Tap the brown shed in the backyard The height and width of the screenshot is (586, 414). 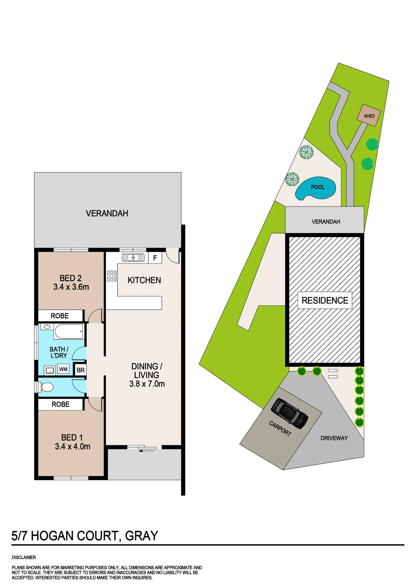(369, 115)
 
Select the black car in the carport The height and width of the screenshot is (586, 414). (290, 413)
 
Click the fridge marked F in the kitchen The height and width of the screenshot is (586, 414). (155, 258)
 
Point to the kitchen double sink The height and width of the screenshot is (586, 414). (133, 258)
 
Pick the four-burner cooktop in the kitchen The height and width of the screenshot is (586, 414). (112, 276)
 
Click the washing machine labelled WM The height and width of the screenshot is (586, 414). (63, 369)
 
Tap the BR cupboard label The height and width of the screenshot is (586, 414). (81, 370)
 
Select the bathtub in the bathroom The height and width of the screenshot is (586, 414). (69, 331)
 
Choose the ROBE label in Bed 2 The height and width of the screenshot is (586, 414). (60, 316)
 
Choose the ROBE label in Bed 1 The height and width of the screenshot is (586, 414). (60, 404)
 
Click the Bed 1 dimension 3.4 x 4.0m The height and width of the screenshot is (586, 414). (73, 447)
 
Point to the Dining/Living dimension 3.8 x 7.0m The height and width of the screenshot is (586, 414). (147, 384)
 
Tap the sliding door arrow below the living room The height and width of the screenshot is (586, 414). (147, 451)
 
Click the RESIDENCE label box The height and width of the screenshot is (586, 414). (325, 300)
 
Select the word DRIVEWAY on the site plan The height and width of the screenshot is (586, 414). (334, 438)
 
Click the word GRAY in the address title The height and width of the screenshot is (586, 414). (142, 536)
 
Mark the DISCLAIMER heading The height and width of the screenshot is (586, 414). (24, 557)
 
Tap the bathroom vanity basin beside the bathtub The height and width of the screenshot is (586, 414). (47, 327)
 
